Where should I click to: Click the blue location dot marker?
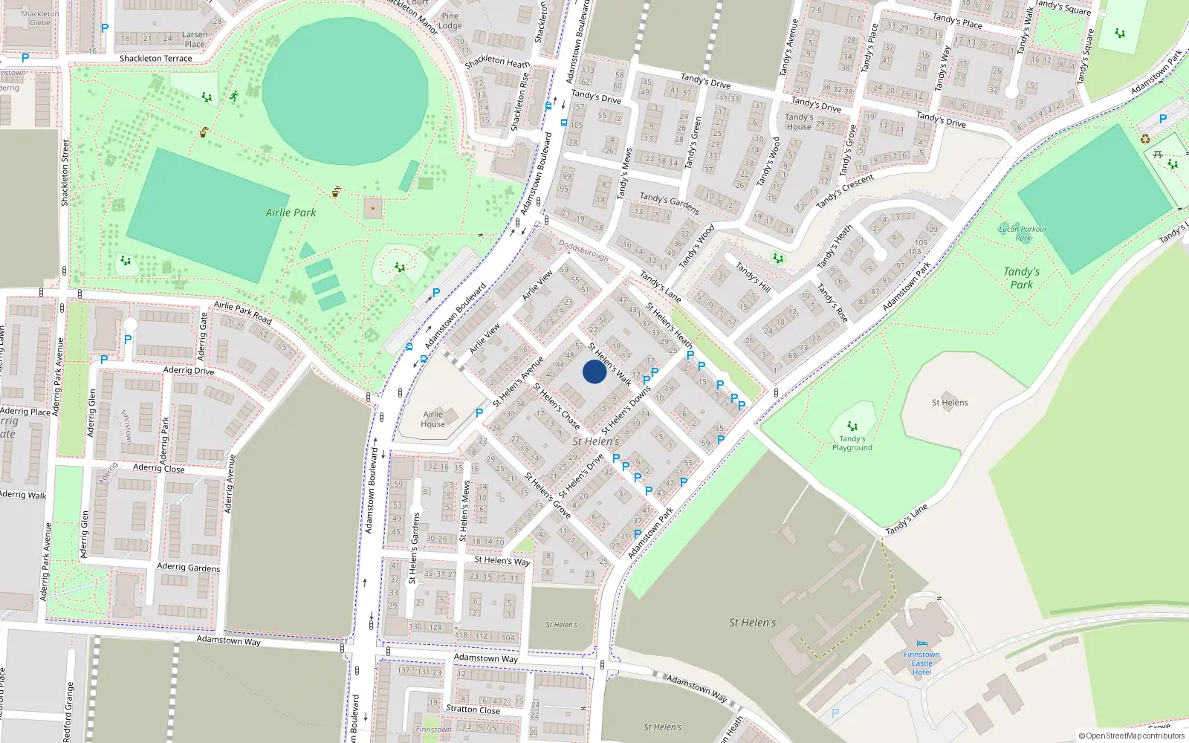tap(594, 371)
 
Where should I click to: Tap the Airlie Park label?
tap(291, 212)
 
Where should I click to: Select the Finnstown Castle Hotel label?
tap(921, 663)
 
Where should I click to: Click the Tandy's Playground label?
tap(852, 443)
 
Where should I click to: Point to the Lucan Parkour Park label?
tap(1023, 233)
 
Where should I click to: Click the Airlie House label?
tap(432, 419)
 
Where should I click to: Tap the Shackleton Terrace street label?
tap(155, 58)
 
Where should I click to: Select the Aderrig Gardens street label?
tap(188, 567)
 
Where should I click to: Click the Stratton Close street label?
tap(473, 709)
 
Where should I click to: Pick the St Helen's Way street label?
tap(502, 560)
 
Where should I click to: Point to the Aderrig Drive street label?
tap(188, 370)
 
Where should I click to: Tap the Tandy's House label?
tap(799, 122)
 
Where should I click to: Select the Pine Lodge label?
tap(450, 21)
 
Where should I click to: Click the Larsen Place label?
tap(195, 39)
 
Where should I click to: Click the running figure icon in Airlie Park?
tap(234, 96)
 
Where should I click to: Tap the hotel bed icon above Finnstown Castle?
tap(921, 643)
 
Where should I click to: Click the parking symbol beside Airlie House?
tap(479, 413)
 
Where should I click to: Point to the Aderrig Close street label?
tap(158, 468)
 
